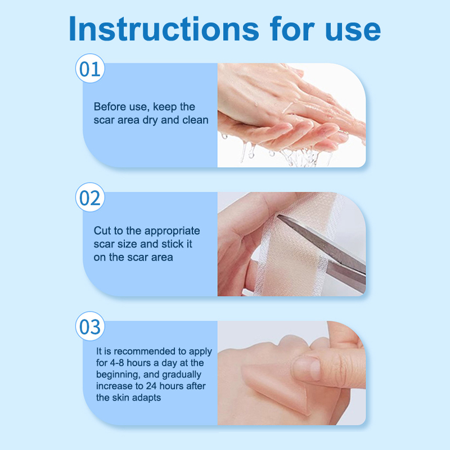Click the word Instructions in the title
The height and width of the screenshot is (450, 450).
pyautogui.click(x=164, y=29)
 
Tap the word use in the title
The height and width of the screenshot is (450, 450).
pyautogui.click(x=353, y=31)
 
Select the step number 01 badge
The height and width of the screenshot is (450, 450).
pyautogui.click(x=90, y=69)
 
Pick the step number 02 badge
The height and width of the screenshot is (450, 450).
pyautogui.click(x=90, y=197)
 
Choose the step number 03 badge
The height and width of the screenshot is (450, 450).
pyautogui.click(x=90, y=326)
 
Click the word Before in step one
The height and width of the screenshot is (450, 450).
pyautogui.click(x=110, y=107)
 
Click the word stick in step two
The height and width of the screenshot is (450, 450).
pyautogui.click(x=173, y=244)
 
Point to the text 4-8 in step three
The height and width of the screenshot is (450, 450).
pyautogui.click(x=117, y=363)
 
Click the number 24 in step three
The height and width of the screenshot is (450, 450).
pyautogui.click(x=151, y=386)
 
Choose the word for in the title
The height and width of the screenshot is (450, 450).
pyautogui.click(x=292, y=29)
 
